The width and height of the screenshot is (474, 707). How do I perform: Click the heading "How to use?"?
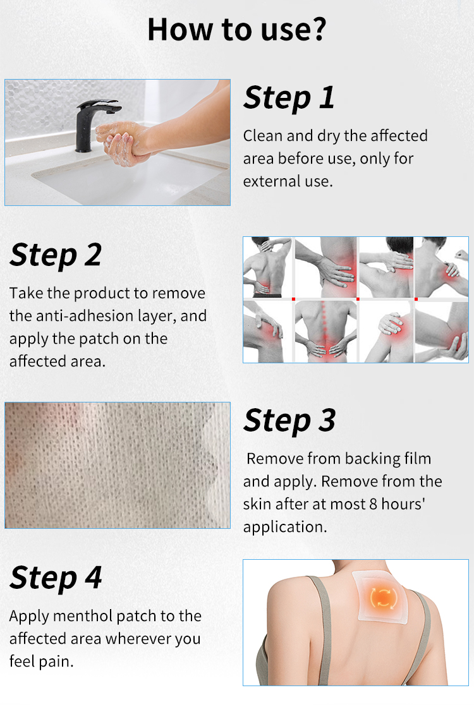tap(236, 30)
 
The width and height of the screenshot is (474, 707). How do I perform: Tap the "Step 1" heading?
tap(289, 98)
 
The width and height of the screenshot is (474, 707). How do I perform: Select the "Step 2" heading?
tap(56, 255)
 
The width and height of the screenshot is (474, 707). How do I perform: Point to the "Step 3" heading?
tap(289, 421)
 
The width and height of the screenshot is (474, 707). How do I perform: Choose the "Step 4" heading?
tap(56, 577)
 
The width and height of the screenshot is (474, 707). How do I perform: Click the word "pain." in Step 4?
tap(58, 662)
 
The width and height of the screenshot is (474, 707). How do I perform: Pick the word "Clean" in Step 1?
tap(262, 136)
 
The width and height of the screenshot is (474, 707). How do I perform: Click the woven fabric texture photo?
tap(118, 465)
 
